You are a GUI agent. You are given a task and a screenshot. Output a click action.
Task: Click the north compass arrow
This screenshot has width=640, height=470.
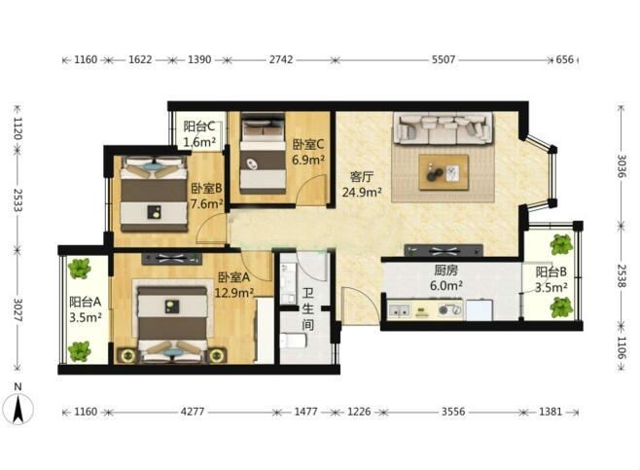coord(18,410)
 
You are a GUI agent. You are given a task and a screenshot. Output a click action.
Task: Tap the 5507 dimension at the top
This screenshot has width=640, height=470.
coord(444,59)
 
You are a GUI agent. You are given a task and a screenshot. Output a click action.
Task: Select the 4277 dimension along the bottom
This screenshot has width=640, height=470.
coord(193,412)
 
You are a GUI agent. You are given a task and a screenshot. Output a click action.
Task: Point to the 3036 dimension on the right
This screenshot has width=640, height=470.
coord(621,165)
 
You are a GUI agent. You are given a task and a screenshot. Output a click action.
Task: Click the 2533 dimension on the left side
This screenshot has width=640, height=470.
coord(18,199)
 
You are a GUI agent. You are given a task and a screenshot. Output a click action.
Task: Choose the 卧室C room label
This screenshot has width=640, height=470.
coord(308,145)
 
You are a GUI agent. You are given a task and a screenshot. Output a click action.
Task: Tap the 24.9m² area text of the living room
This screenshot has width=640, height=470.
coord(362,192)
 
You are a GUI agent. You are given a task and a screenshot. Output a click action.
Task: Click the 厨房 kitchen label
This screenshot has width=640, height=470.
coord(445,271)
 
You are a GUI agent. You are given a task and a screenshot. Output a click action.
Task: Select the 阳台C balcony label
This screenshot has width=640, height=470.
coord(198,127)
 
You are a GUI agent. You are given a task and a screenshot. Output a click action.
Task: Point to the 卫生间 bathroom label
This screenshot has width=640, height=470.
coord(307,308)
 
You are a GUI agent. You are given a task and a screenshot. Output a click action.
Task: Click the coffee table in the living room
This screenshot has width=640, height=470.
coord(444,172)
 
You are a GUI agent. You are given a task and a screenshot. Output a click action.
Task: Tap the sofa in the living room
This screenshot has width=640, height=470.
coord(444,127)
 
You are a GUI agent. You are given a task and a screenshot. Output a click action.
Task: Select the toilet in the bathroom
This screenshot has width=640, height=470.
coord(293,341)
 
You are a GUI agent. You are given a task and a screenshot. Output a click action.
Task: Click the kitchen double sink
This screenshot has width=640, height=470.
coord(399,310)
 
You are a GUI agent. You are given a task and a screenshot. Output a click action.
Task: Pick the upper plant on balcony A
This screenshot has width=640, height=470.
coord(79,268)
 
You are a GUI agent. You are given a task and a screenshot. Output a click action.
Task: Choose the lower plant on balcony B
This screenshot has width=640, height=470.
coord(561,307)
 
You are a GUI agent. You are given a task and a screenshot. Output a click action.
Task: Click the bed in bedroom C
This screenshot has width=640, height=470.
coord(263,154)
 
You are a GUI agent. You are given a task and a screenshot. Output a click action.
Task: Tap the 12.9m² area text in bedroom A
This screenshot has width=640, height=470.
coord(234,292)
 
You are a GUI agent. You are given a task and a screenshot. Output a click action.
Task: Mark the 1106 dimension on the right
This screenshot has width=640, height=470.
coord(621,348)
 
